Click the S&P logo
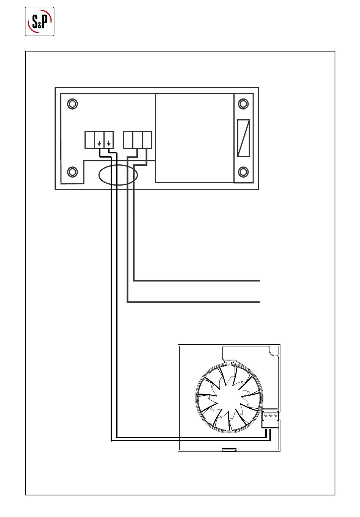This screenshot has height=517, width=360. coord(40,22)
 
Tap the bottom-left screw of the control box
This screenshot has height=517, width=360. coord(72,172)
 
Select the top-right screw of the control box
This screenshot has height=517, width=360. coord(243,103)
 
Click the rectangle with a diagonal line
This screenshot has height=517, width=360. coord(243,138)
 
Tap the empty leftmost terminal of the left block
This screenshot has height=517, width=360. coord(89,140)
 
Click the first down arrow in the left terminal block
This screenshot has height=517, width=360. coord(99,144)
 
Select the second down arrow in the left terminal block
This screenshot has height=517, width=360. coord(109,144)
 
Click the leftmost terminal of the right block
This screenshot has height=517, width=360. coord(128,140)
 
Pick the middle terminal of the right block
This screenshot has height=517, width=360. coord(138,140)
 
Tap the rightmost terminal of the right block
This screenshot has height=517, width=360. coord(147,140)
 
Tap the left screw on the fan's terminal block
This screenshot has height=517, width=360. coord(266,415)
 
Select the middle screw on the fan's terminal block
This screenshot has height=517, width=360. coord(271,415)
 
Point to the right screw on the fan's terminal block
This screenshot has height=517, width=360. coord(275,415)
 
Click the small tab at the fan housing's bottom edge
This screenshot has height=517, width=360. coord(229,450)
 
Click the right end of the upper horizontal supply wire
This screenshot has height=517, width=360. coord(259,281)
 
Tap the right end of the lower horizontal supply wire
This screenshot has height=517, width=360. coord(259,302)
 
